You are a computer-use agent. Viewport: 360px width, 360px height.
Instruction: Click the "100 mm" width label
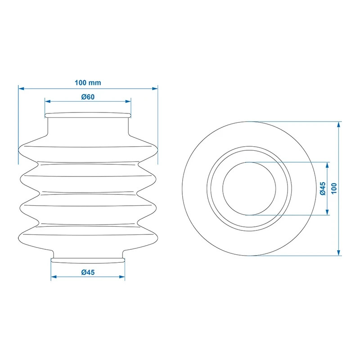pyautogui.click(x=88, y=83)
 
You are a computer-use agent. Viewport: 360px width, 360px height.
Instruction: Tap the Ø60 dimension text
pyautogui.click(x=88, y=97)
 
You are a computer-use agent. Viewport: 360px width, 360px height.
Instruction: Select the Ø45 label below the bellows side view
pyautogui.click(x=88, y=272)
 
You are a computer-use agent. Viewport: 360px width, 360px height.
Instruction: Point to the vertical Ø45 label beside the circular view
pyautogui.click(x=323, y=188)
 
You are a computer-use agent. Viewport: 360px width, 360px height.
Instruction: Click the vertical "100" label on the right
pyautogui.click(x=334, y=188)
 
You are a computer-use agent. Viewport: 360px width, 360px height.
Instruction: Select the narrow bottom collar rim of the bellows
pyautogui.click(x=88, y=259)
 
